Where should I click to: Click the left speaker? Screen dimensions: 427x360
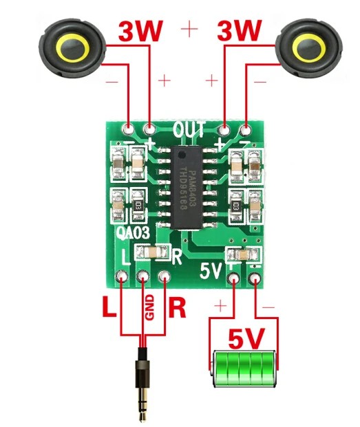(72, 49)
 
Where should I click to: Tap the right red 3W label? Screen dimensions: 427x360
(240, 31)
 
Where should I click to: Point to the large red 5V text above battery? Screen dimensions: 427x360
(245, 339)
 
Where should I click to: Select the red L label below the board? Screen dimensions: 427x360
(109, 308)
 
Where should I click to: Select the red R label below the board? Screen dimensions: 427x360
(178, 308)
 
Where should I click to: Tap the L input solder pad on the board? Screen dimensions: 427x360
(123, 277)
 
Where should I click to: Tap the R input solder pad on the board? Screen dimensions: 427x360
(165, 277)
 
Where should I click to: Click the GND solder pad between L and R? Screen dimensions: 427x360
(144, 277)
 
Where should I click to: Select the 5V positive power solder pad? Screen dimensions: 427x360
(234, 278)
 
